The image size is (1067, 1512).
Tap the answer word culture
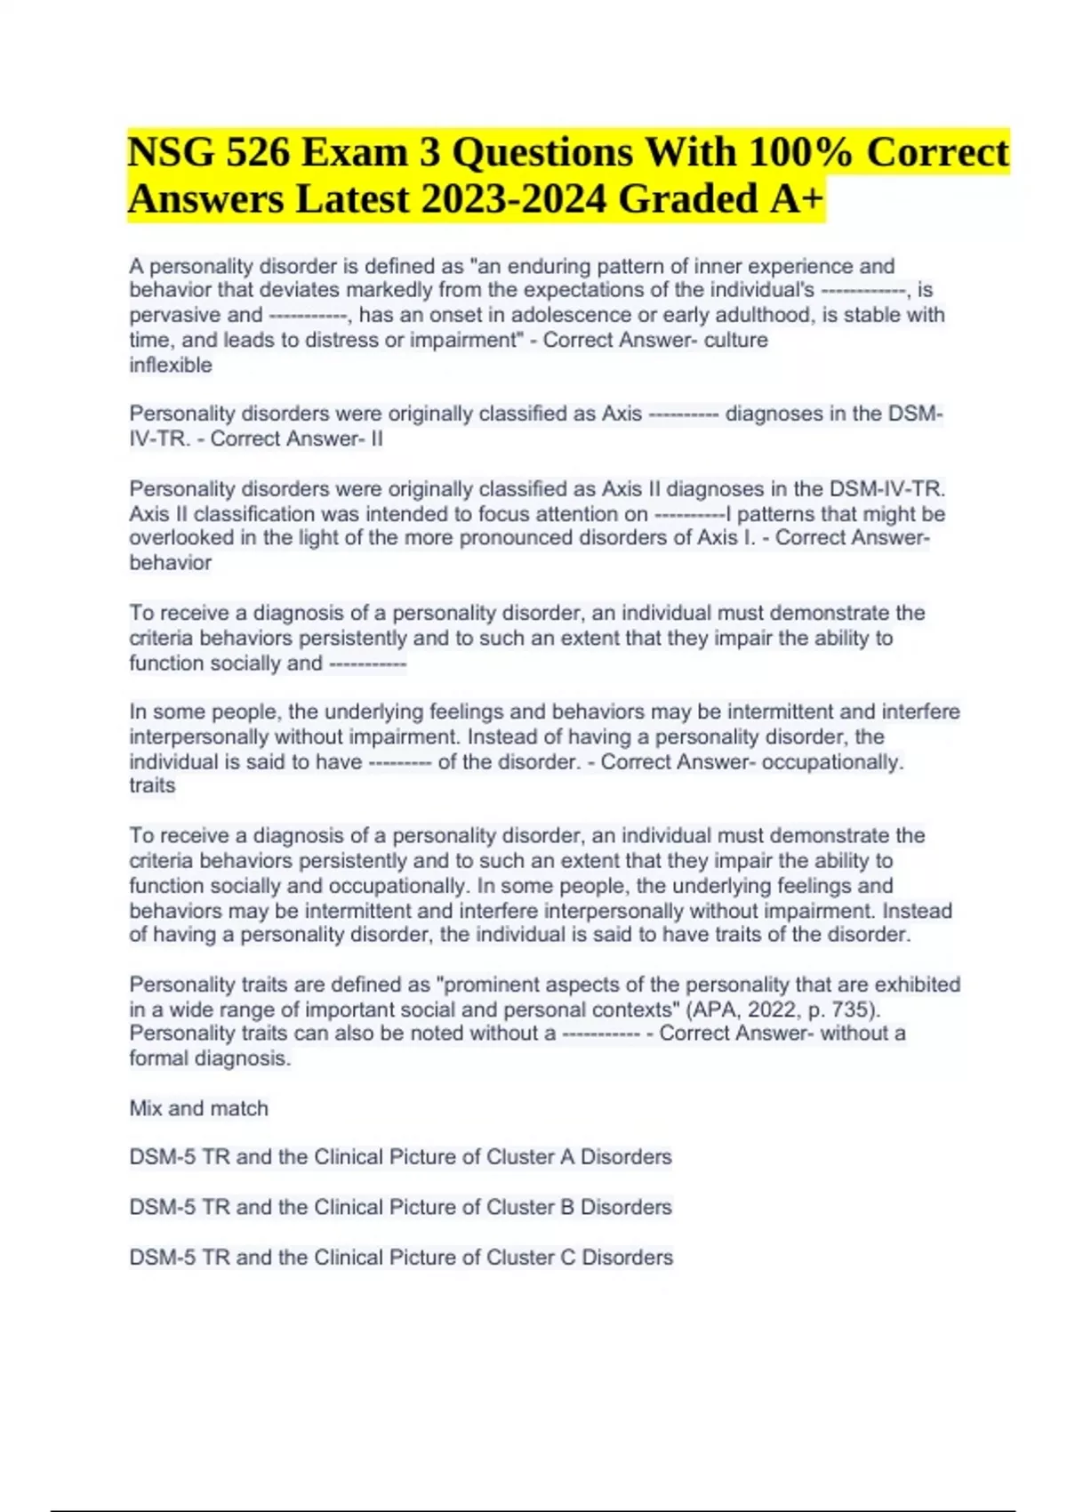[x=735, y=340]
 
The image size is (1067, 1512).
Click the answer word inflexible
[x=171, y=365]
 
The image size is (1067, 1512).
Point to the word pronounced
[x=517, y=537]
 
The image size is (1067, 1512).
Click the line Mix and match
[x=198, y=1108]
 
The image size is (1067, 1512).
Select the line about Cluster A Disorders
[x=400, y=1157]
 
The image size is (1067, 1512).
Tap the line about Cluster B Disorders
[x=400, y=1207]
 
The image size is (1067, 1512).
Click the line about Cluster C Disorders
[x=401, y=1257]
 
